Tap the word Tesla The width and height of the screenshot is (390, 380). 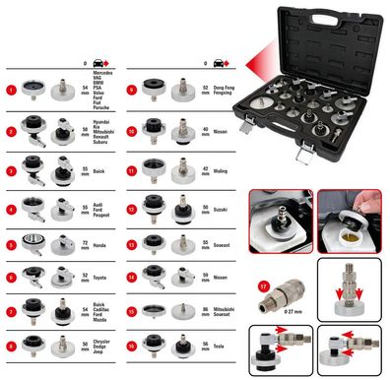click(220, 348)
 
